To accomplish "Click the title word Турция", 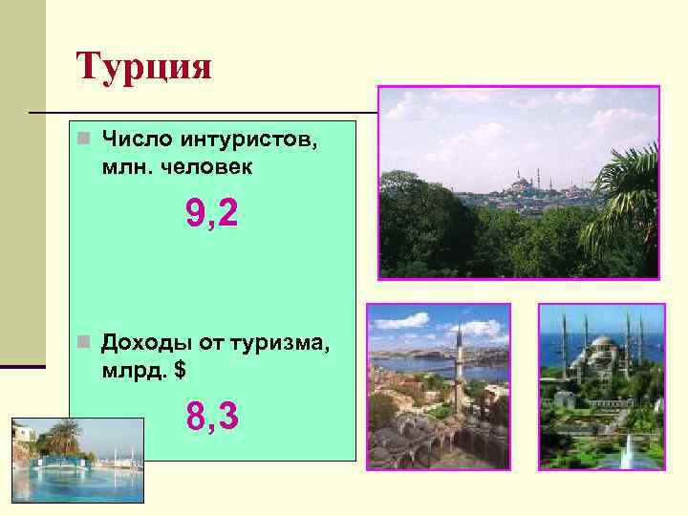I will (x=143, y=69).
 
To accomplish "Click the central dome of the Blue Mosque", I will (x=602, y=343).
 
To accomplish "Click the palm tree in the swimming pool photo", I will (x=63, y=438).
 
